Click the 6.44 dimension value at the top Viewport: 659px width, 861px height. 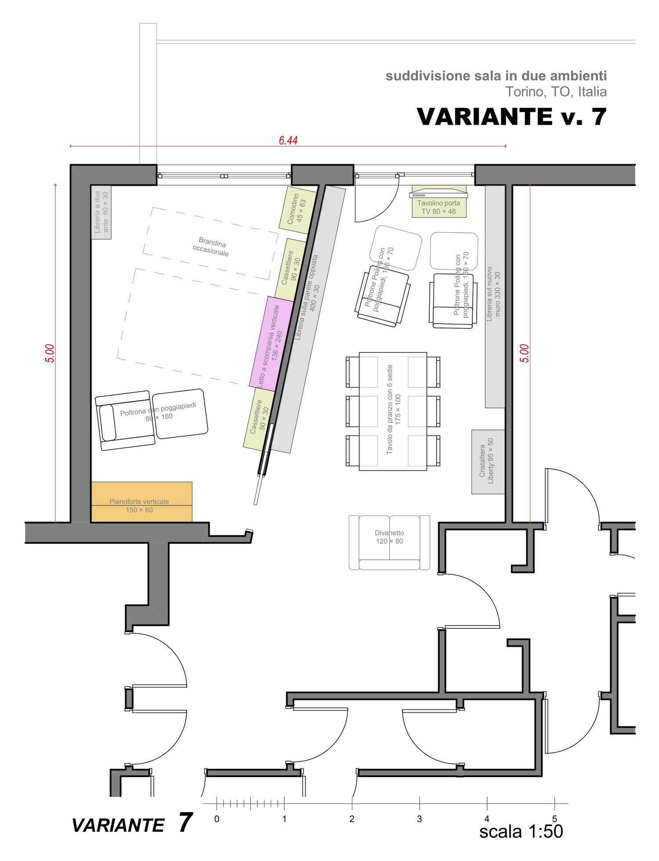tap(288, 140)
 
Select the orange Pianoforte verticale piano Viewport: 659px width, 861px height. tap(141, 502)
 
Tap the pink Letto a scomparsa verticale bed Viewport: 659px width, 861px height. tap(272, 344)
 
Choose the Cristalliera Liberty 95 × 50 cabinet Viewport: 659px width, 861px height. tap(488, 461)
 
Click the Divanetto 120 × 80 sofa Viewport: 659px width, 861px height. tap(389, 543)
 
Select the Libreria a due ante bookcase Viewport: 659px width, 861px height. tap(101, 212)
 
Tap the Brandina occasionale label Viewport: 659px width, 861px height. tap(211, 247)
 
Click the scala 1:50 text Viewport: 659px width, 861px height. tap(521, 832)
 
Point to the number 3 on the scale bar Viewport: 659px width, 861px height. tap(420, 819)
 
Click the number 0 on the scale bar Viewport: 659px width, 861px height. tap(217, 819)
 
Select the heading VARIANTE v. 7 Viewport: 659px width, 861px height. tap(512, 117)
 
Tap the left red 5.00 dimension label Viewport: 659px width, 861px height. tap(50, 353)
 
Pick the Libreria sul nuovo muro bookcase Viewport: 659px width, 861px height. tap(495, 296)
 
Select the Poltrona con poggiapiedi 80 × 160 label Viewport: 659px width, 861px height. tap(158, 412)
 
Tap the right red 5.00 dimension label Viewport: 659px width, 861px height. tap(525, 353)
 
